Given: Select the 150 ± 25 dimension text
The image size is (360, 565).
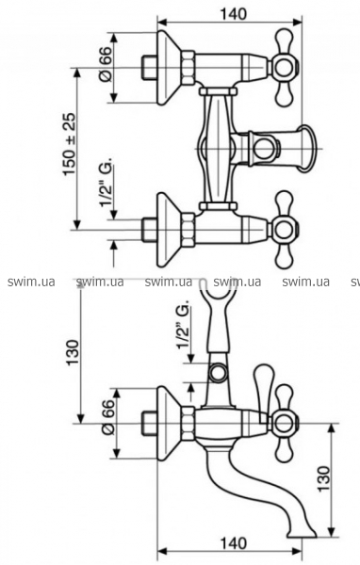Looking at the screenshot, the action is [x=70, y=144].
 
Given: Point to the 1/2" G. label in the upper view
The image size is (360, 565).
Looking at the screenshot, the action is [x=106, y=182].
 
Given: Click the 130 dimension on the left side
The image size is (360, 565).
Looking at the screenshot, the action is [x=73, y=351].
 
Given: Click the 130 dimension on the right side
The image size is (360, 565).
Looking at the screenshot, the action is [x=323, y=479].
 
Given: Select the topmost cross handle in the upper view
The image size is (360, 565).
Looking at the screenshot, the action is [x=286, y=68].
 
